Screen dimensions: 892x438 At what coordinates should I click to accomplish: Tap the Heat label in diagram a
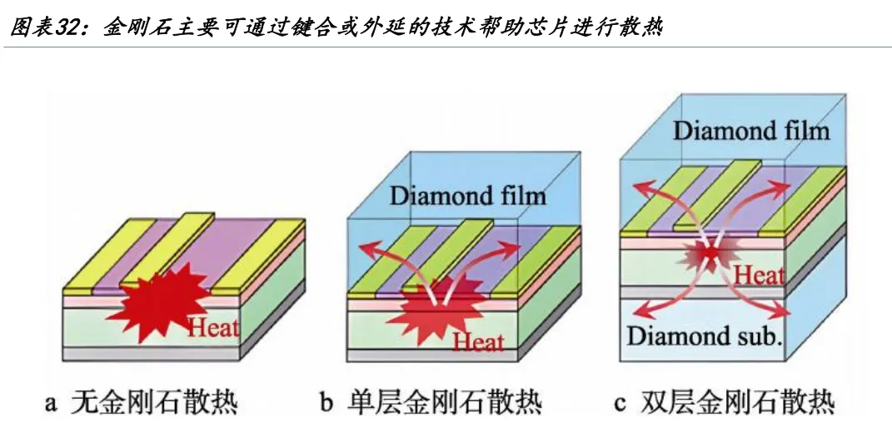click(x=212, y=327)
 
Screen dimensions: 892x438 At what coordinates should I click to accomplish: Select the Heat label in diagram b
click(x=478, y=342)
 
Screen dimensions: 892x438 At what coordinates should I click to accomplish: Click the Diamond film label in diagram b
click(x=467, y=197)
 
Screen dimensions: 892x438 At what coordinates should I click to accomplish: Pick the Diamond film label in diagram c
click(x=751, y=132)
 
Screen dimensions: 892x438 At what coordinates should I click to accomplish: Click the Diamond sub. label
click(x=705, y=336)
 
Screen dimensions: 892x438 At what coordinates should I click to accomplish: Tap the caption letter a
click(x=51, y=403)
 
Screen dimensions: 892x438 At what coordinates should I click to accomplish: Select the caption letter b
click(x=326, y=402)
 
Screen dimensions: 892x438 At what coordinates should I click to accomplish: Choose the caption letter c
click(x=620, y=403)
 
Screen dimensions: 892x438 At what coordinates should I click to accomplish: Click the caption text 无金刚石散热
click(x=153, y=402)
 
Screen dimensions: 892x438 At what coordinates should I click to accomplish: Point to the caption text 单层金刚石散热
click(x=444, y=402)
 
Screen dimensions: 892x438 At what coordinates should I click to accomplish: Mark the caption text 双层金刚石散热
click(x=737, y=402)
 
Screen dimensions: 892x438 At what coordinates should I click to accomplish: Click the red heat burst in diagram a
click(x=162, y=301)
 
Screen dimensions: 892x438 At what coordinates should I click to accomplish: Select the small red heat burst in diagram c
click(x=710, y=254)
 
